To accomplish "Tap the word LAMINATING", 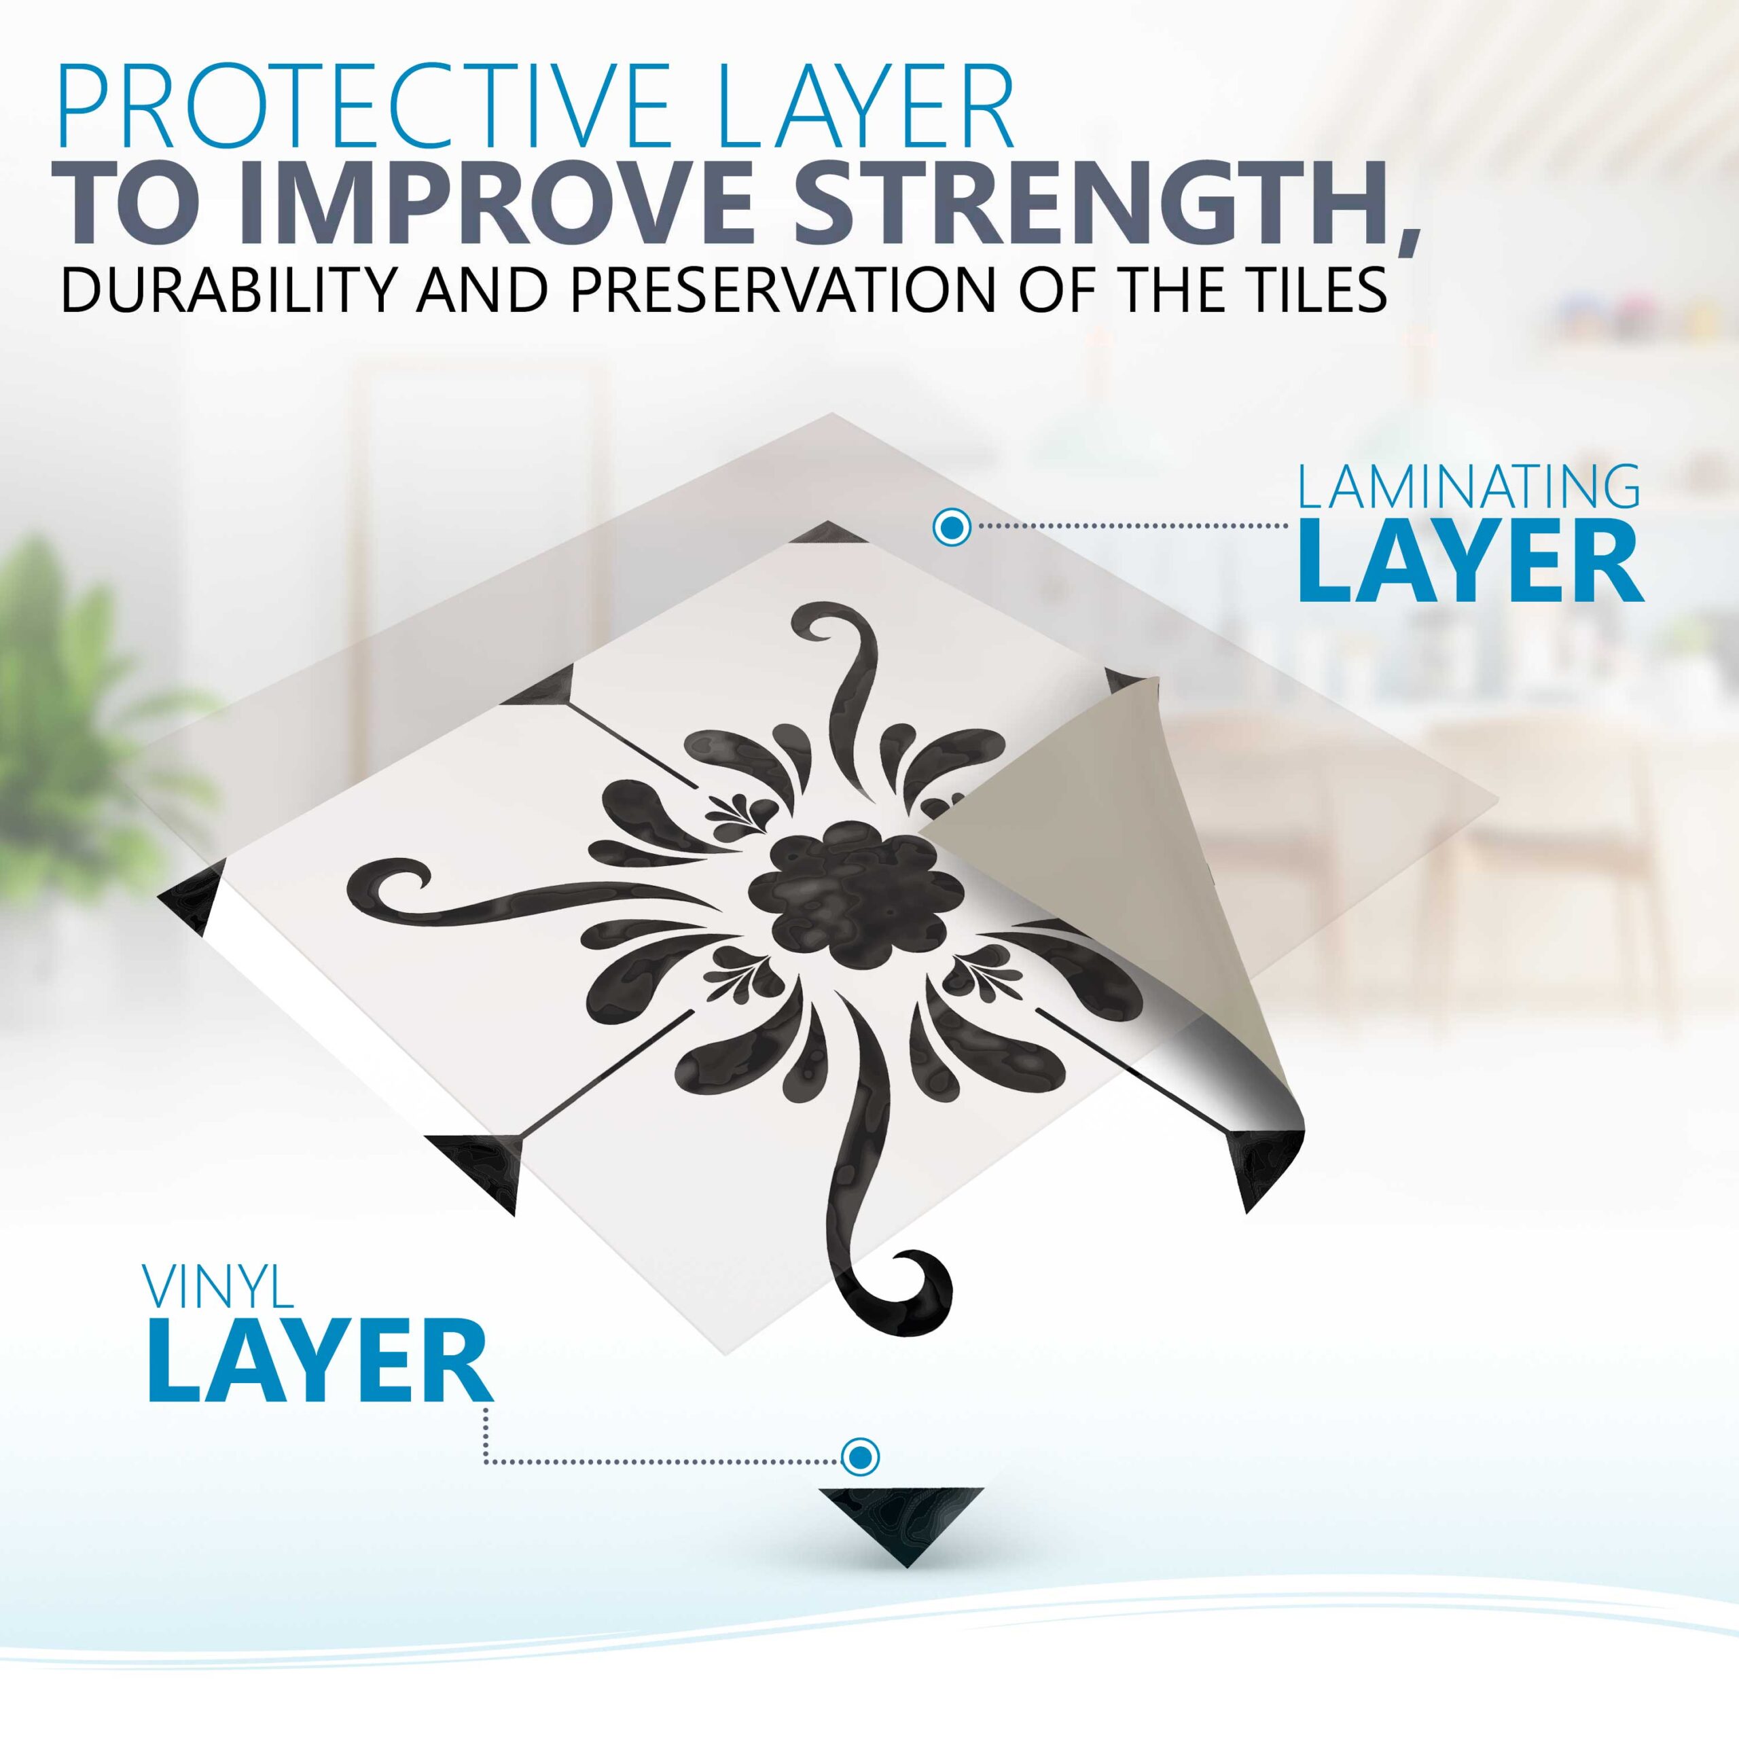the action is click(x=1467, y=489).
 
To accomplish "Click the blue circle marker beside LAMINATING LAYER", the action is click(x=952, y=527).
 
